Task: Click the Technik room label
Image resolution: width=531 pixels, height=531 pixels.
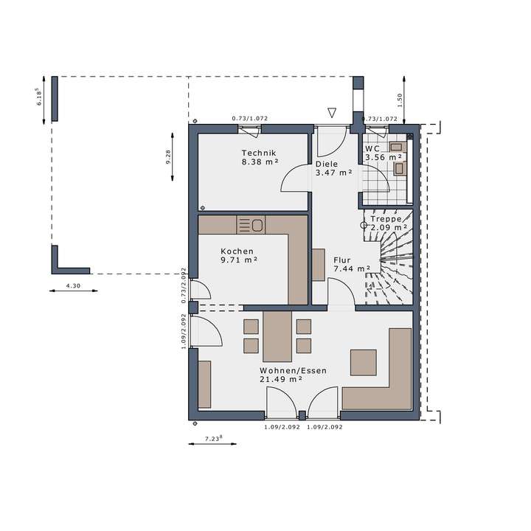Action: (x=258, y=153)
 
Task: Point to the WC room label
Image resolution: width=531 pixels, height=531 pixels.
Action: (x=372, y=147)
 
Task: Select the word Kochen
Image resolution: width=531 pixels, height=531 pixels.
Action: (x=237, y=251)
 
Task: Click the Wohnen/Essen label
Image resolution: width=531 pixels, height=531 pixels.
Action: (x=293, y=371)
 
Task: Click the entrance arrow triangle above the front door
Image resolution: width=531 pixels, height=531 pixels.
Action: (x=332, y=113)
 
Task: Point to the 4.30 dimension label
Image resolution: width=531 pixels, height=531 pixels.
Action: (x=74, y=285)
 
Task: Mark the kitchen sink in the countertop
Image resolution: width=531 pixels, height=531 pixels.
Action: (x=257, y=223)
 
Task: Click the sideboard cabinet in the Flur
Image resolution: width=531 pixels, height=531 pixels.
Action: (x=318, y=265)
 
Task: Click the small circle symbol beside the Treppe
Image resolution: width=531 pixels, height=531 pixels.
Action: (x=364, y=226)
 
